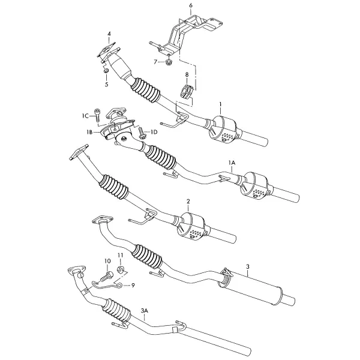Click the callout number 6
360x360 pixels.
click(191, 5)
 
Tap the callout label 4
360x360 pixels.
click(109, 34)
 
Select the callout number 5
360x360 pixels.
click(107, 84)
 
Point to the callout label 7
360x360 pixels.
click(155, 62)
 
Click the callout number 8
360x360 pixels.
click(187, 74)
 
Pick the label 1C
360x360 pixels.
click(85, 116)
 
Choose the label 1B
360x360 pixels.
click(90, 132)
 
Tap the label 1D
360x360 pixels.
click(154, 132)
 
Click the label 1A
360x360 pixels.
click(232, 163)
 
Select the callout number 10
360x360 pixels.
click(107, 261)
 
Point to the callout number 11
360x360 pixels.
click(121, 255)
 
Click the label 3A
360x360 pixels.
click(145, 311)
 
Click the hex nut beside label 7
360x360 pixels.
click(169, 62)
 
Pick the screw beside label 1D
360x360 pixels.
click(141, 133)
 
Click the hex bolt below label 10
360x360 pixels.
click(107, 277)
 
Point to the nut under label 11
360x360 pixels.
click(121, 269)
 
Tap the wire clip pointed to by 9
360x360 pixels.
click(106, 285)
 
